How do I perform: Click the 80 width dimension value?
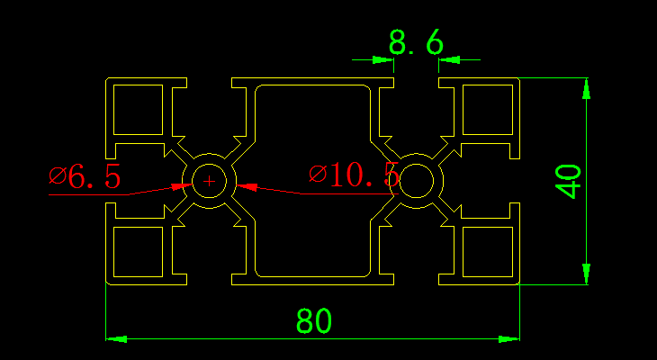tap(315, 320)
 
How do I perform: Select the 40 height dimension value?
tap(569, 181)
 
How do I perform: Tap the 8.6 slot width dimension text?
tap(416, 42)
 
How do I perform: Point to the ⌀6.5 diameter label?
tap(85, 177)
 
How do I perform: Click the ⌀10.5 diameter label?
tap(353, 175)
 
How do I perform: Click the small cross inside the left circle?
tap(210, 181)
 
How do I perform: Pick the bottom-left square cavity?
tap(138, 252)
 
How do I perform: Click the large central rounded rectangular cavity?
tap(312, 181)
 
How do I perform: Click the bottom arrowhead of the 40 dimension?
tap(587, 274)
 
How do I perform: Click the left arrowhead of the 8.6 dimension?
tap(384, 60)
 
